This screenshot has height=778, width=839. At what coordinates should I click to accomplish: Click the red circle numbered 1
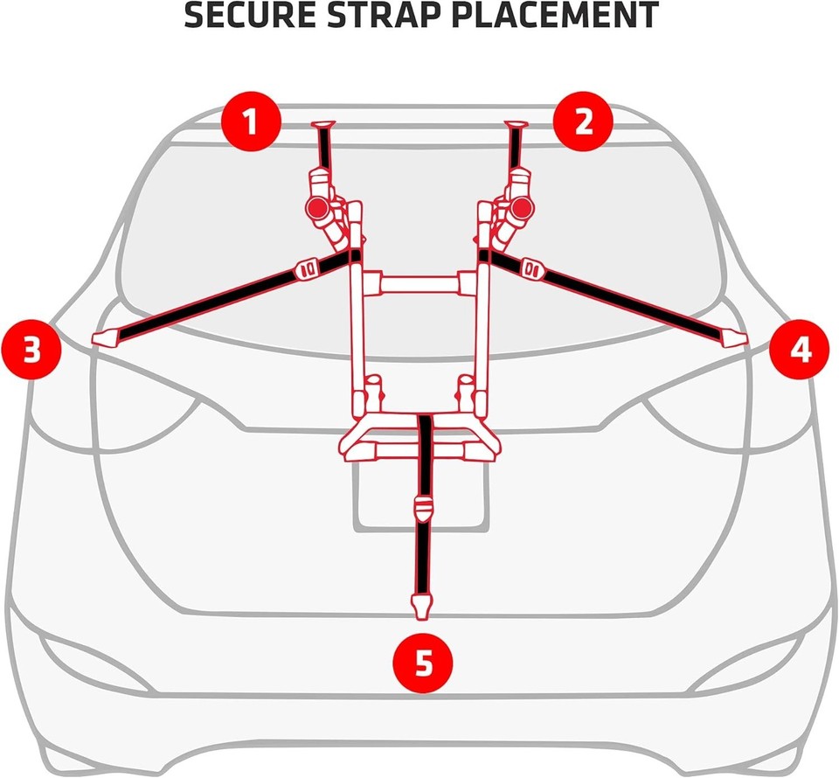pyautogui.click(x=251, y=122)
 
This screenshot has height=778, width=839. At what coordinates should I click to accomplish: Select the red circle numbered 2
pyautogui.click(x=584, y=122)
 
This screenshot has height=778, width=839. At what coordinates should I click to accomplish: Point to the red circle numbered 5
pyautogui.click(x=423, y=663)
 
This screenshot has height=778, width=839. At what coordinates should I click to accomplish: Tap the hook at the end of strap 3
pyautogui.click(x=105, y=337)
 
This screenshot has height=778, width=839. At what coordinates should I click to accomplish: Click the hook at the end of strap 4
pyautogui.click(x=733, y=337)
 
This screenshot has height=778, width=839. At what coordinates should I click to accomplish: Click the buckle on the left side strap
pyautogui.click(x=306, y=268)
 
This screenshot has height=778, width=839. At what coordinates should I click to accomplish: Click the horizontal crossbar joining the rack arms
pyautogui.click(x=419, y=284)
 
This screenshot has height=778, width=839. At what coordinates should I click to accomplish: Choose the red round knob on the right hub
pyautogui.click(x=524, y=208)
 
